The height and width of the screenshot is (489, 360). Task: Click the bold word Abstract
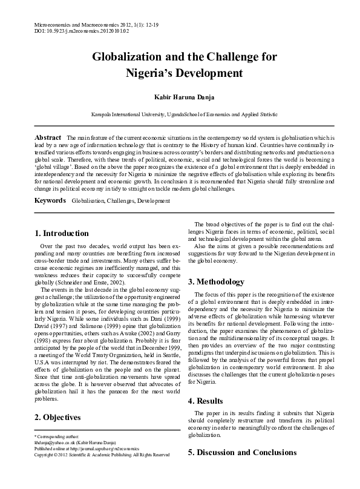tap(48, 138)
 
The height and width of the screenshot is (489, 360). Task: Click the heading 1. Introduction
tap(62, 233)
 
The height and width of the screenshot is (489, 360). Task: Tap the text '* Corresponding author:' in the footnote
tap(50, 436)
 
